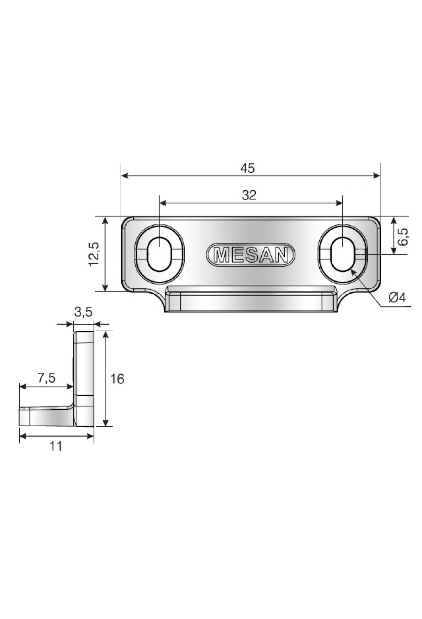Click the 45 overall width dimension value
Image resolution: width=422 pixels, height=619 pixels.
tap(247, 168)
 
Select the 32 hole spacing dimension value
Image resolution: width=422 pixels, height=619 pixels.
tap(249, 196)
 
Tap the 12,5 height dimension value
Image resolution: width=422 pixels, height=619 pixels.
tap(94, 254)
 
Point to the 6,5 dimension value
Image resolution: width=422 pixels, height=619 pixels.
tap(403, 236)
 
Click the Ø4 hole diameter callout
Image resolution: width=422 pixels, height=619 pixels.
tap(397, 298)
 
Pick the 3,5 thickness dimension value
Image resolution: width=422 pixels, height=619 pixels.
tap(83, 312)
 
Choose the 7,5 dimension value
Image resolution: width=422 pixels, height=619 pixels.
tap(46, 378)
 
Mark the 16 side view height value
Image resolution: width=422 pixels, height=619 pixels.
tap(117, 379)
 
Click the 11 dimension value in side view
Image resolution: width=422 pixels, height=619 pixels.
tap(56, 447)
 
